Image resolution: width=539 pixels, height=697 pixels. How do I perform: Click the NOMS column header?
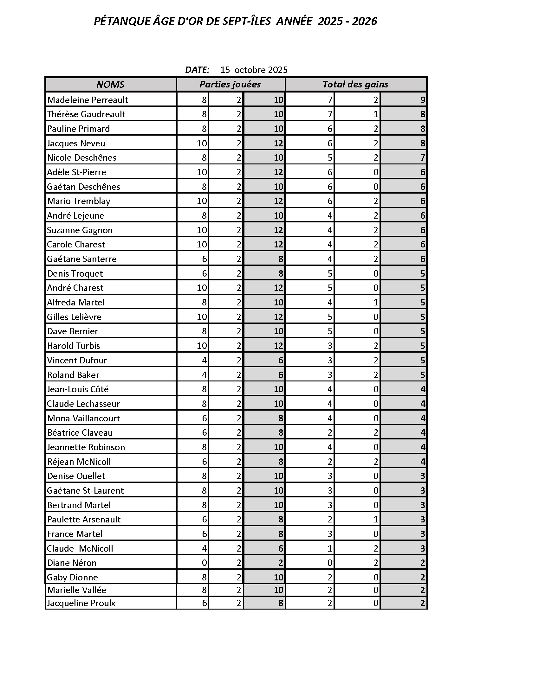click(110, 84)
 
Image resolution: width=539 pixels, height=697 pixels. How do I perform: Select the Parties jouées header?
click(230, 84)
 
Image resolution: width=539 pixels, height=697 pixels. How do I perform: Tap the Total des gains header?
click(355, 84)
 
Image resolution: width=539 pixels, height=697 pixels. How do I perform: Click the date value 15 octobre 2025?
click(254, 70)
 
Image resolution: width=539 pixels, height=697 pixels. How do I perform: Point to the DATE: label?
click(197, 70)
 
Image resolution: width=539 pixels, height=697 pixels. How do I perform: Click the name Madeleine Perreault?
click(88, 100)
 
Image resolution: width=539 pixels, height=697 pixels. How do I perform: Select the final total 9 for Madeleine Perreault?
click(422, 100)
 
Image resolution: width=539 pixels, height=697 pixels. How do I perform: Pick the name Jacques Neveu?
click(76, 143)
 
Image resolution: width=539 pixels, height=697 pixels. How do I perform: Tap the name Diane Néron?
click(72, 563)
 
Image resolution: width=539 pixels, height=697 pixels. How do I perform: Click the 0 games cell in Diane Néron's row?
click(205, 563)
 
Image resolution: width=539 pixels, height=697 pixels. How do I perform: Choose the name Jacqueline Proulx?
click(81, 603)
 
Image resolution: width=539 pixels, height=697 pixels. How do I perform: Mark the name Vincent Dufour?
click(77, 360)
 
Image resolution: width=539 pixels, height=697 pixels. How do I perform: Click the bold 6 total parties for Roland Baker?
click(280, 375)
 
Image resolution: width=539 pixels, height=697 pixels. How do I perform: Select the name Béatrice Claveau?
click(80, 432)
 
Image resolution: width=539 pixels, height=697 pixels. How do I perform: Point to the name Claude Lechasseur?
click(83, 404)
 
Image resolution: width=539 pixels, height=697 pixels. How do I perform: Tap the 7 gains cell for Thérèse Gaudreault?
click(330, 114)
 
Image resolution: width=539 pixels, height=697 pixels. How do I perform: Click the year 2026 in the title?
click(365, 21)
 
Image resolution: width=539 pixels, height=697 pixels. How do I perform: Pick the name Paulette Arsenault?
click(84, 519)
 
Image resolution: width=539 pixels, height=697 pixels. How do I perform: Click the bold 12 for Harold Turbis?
click(278, 346)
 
